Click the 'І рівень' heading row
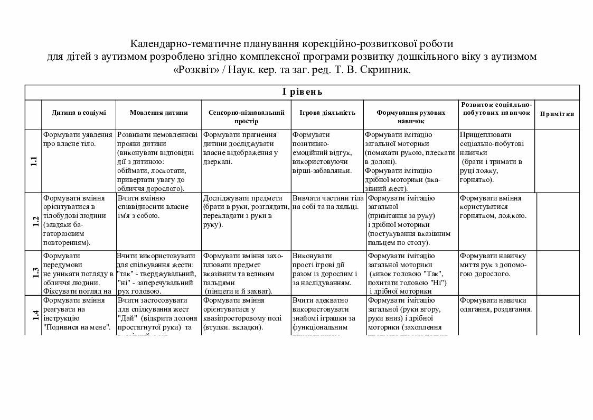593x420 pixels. (302, 92)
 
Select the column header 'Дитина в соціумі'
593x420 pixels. (79, 113)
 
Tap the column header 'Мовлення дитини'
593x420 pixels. (158, 113)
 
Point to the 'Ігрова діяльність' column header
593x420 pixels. (327, 113)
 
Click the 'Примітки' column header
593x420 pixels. (557, 114)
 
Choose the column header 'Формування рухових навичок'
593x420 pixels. (411, 117)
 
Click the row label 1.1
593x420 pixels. (34, 161)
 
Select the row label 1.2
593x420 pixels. (35, 221)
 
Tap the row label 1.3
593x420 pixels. (35, 273)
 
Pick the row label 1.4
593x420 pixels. (35, 315)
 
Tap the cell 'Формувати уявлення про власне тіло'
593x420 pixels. (78, 139)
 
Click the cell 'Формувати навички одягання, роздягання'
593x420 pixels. (496, 305)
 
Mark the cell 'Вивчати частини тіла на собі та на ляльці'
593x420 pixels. (327, 203)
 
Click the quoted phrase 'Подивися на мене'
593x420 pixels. (77, 328)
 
